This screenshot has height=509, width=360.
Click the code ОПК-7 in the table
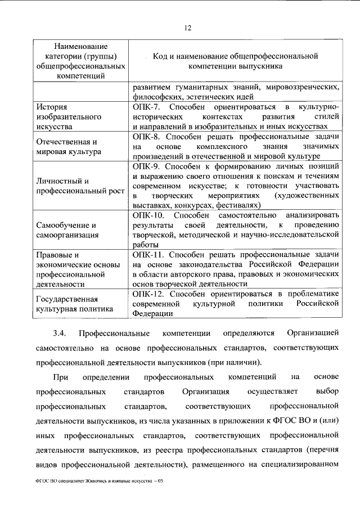coord(147,107)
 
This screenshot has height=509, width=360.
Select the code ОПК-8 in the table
coord(147,137)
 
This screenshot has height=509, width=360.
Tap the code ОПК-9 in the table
coord(147,166)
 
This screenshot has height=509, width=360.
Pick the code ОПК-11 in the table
coord(149,255)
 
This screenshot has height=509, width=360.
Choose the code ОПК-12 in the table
coord(149,294)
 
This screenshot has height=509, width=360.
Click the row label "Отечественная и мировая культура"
coord(68,146)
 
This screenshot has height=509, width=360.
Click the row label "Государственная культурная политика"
coord(71,304)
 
